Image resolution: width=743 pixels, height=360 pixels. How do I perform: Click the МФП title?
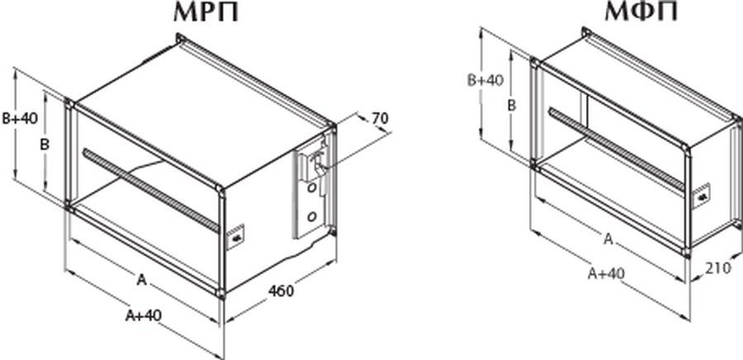coord(641,12)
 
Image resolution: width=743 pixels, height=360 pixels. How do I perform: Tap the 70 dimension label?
coord(380,118)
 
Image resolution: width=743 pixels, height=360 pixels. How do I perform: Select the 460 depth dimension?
coord(281,291)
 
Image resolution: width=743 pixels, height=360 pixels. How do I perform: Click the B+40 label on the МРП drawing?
coord(20,118)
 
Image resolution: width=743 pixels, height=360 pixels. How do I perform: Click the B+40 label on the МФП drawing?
coord(485,80)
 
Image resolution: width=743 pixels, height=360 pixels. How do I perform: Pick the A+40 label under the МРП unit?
coord(144,315)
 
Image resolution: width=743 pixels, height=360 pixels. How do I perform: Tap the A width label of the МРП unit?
coord(140,281)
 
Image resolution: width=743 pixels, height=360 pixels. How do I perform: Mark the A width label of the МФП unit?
coord(608,239)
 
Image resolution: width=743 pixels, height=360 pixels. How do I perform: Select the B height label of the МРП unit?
coord(44,145)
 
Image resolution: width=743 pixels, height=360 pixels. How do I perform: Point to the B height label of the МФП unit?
coord(511,105)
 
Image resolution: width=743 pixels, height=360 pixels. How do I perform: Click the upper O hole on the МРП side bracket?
coord(311,188)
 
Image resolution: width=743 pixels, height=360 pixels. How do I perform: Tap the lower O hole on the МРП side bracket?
coord(312,217)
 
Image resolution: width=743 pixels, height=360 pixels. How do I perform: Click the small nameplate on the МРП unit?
coord(235,236)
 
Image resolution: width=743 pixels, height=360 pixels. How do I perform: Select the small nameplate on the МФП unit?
coord(703,196)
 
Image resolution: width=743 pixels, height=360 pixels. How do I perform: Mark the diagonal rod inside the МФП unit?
coord(616,149)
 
